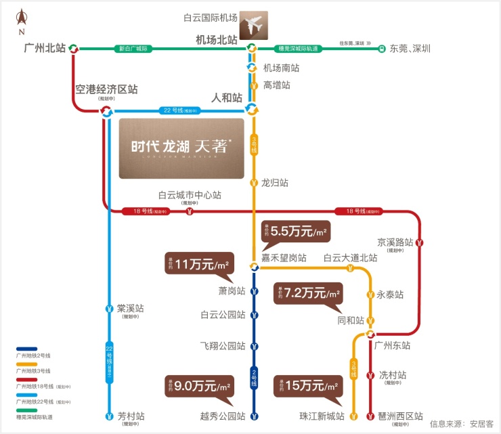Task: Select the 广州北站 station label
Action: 45,48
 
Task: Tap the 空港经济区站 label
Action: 106,89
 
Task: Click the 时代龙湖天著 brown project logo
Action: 181,148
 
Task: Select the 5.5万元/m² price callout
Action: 295,232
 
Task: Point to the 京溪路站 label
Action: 395,242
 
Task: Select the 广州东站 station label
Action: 392,345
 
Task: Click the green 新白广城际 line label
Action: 133,48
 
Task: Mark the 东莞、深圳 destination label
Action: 410,48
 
